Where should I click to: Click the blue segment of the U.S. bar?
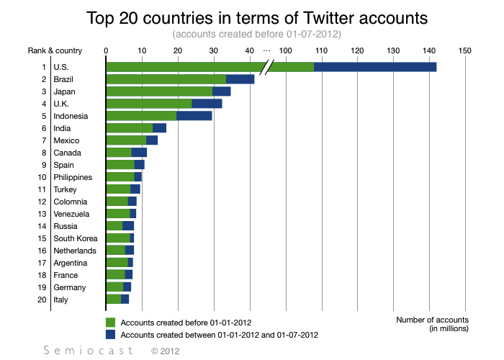point(375,67)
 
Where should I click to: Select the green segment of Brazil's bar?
point(166,79)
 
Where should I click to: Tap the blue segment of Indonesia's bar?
point(194,116)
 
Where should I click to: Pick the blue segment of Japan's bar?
point(222,91)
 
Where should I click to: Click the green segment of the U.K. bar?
point(148,104)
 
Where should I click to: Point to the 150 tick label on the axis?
point(464,50)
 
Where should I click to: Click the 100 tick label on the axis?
point(285,50)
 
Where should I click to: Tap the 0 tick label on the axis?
point(106,50)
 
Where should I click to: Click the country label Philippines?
point(73,177)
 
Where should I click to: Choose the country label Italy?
point(61,300)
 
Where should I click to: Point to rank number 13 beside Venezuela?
point(42,214)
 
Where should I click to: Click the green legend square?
point(110,322)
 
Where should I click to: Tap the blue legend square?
point(110,335)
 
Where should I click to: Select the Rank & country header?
point(55,50)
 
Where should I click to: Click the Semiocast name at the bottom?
point(89,351)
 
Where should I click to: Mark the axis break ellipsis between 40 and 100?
point(266,50)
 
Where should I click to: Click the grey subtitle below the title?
point(256,34)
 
